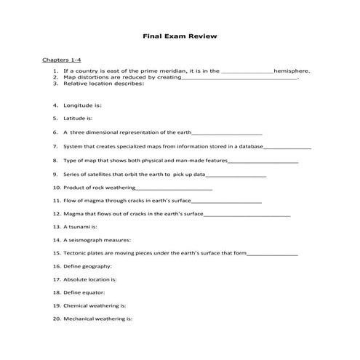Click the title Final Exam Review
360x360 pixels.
[180, 36]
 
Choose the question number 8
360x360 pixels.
[55, 160]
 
